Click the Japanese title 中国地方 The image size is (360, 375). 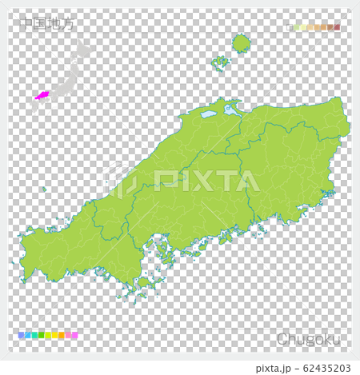pos(48,24)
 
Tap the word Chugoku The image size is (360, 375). pos(309,340)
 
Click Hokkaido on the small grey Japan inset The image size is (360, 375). pos(82,50)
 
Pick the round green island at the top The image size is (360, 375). pos(241,42)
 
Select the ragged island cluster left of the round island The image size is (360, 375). pos(220,61)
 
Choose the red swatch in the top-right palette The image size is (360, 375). pos(337,28)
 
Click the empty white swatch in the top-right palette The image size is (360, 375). pos(290,28)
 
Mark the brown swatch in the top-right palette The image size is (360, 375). pos(330,28)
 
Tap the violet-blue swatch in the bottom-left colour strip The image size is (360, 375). pos(21,336)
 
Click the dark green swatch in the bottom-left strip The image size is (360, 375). pos(40,336)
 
